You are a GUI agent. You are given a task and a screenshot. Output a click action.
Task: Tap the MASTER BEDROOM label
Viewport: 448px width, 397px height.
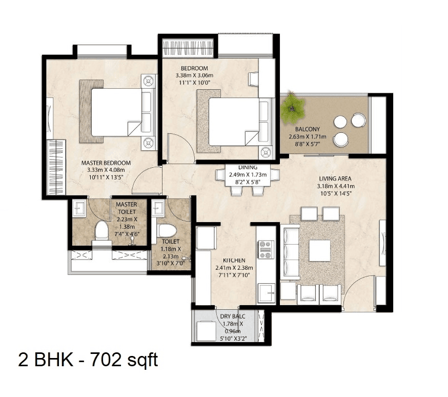pos(106,163)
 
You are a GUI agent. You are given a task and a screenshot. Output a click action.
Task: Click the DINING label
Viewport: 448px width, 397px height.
pos(247,167)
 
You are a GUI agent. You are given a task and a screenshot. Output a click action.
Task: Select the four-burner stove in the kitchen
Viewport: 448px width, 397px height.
pos(266,249)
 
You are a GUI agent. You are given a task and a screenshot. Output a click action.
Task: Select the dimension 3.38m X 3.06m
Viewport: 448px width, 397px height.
pos(194,76)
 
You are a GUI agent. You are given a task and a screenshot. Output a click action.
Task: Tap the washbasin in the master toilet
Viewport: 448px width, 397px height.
pos(79,208)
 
